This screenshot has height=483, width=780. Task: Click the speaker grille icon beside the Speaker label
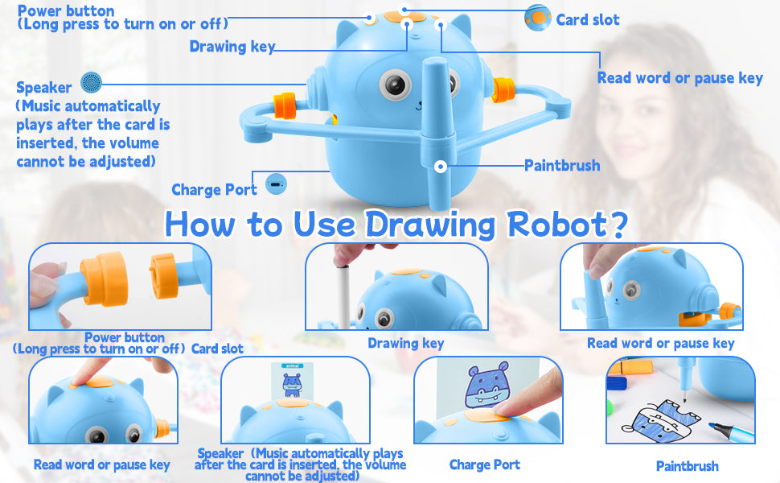point(92,82)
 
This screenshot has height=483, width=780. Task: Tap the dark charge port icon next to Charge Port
point(276,184)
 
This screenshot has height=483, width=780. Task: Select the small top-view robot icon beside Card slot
point(538,18)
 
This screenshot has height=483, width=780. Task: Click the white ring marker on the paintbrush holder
point(440,167)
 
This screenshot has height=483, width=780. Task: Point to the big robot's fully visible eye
point(395,85)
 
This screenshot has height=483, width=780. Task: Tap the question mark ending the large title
point(618,224)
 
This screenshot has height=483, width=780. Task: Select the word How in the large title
point(199,225)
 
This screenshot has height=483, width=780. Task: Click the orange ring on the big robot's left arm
point(285,105)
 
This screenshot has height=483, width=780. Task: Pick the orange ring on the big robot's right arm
point(503,89)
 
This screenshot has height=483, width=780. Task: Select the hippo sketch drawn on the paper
point(661,417)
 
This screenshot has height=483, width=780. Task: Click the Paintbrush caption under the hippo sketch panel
point(687,466)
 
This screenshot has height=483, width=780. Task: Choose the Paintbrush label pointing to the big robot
point(562,165)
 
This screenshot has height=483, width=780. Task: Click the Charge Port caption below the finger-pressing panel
point(485,464)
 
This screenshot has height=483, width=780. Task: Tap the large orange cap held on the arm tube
point(104,279)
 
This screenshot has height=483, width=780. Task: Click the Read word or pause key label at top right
point(680,77)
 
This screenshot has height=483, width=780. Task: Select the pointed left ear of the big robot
point(346,32)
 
